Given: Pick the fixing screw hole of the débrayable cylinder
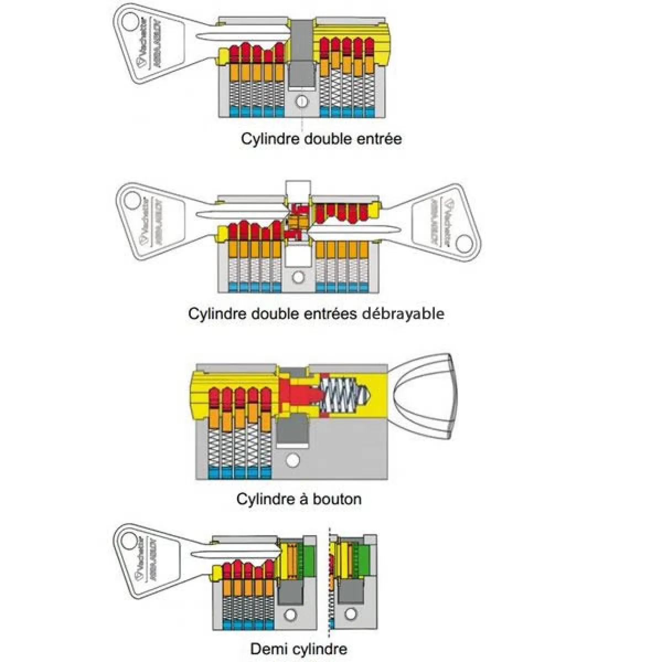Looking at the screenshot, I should tap(298, 277).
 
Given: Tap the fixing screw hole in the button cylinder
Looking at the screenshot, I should tap(291, 460).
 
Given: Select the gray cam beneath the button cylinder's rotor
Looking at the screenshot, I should tap(292, 430).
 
